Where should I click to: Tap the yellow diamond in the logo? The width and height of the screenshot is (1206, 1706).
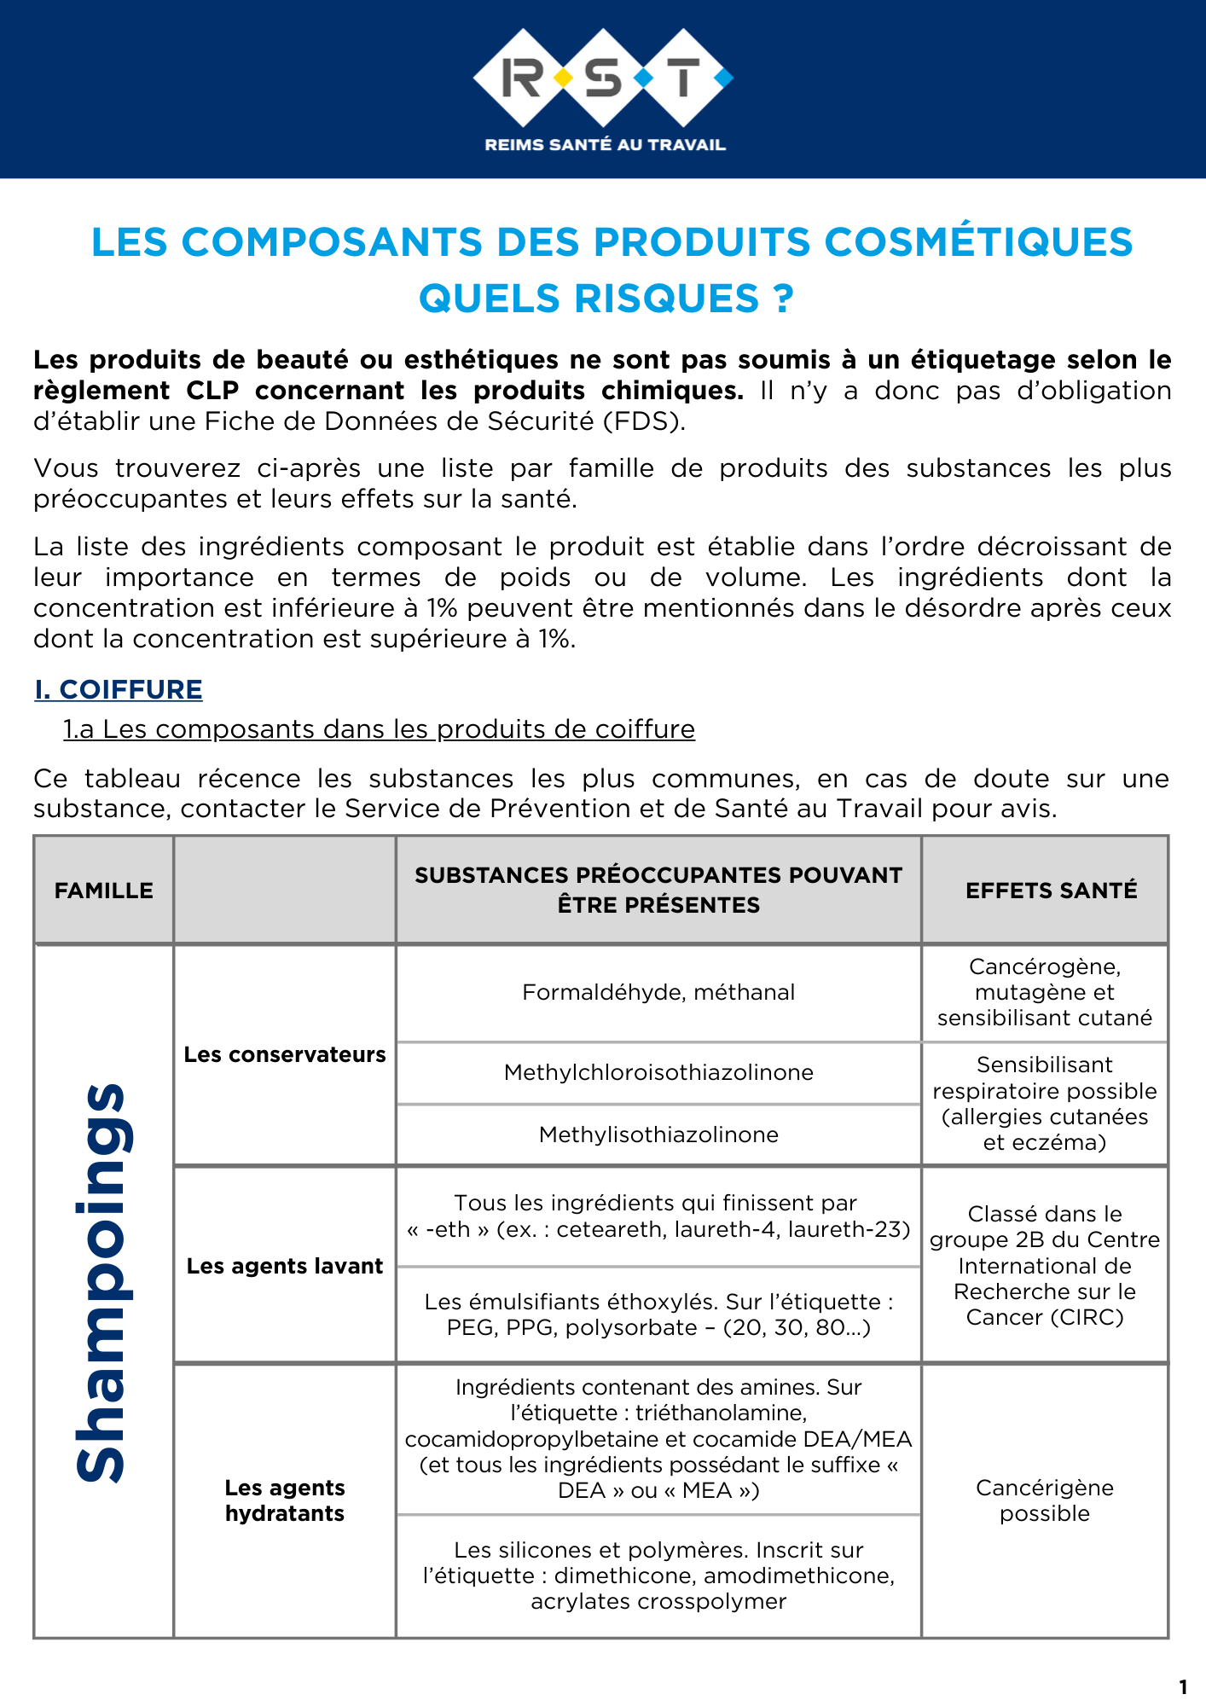point(563,78)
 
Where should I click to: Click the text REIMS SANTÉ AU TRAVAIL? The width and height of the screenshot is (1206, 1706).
point(605,145)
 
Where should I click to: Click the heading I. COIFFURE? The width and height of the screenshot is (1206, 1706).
point(119,689)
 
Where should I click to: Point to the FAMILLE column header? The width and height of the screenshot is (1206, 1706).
point(104,891)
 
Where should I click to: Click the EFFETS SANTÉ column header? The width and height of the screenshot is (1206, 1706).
point(1051,891)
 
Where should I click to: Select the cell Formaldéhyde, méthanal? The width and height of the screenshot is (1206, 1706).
point(658,992)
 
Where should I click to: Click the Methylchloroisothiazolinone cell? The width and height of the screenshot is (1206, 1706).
point(658,1072)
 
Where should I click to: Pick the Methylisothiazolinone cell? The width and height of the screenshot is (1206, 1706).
point(658,1134)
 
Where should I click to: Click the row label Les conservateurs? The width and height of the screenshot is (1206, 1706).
point(285,1054)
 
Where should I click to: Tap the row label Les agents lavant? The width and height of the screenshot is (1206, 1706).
point(285,1266)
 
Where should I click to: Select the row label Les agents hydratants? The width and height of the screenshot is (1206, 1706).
point(285,1500)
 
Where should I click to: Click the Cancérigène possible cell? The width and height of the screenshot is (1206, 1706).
point(1045,1500)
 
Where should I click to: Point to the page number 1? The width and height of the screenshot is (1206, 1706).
point(1182,1686)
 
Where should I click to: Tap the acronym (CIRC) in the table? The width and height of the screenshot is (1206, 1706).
point(1087,1318)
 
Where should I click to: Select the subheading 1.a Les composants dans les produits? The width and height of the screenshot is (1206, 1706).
point(379,729)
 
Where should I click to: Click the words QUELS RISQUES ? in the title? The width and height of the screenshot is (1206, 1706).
point(606,299)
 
